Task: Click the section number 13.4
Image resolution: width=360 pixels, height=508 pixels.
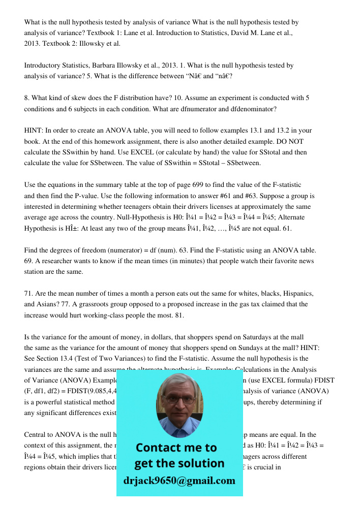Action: tap(67, 359)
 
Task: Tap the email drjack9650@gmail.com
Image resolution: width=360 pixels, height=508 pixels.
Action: tap(179, 481)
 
